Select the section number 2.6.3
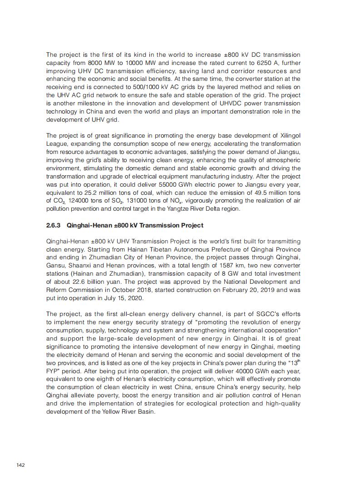(x=54, y=225)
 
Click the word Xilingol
(x=289, y=135)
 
